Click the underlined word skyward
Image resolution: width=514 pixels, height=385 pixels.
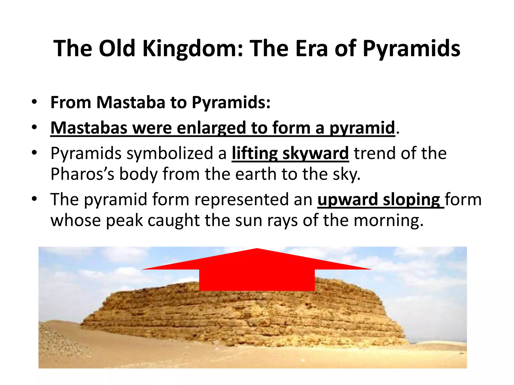315,153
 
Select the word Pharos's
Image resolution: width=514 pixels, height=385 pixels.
82,174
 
